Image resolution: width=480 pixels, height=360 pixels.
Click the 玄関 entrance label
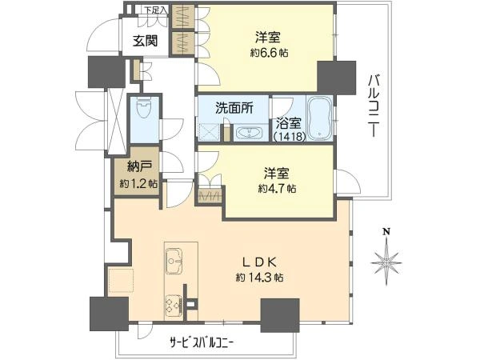pos(145,41)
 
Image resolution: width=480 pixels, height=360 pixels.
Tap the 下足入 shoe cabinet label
pos(156,10)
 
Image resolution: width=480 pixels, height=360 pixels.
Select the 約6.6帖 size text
pos(269,53)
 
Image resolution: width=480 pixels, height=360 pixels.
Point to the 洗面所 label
pos(234,108)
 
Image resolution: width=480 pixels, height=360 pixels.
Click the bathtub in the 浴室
pos(320,118)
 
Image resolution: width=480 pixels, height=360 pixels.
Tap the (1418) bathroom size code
pos(290,136)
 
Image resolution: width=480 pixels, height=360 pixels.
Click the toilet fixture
pos(145,109)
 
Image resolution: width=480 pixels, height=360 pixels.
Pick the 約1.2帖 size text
pos(139,184)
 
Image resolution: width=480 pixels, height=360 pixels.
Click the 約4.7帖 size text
pos(277,188)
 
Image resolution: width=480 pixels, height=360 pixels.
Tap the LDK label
pos(259,262)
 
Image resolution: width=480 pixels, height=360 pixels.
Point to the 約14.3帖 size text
pos(259,278)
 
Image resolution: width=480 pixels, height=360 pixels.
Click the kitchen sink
pos(174,261)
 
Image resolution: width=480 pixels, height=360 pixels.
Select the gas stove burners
pos(174,306)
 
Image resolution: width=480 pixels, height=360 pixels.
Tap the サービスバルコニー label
pos(202,342)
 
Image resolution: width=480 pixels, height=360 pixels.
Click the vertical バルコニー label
pos(374,106)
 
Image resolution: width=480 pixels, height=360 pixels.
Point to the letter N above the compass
pos(387,232)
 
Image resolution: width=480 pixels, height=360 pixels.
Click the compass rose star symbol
pos(386,262)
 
